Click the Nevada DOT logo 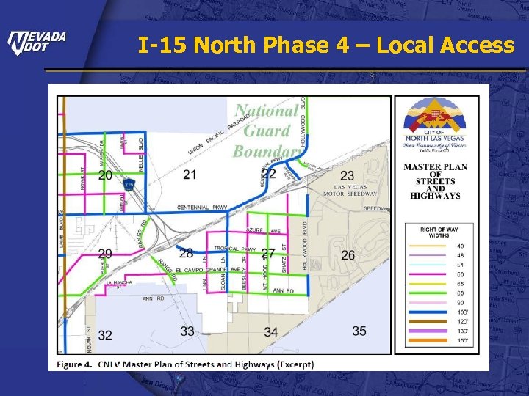37,44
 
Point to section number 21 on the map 190,175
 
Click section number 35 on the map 359,331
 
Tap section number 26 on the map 348,254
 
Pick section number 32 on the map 105,335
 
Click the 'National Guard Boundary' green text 267,131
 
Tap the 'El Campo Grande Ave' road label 201,270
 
